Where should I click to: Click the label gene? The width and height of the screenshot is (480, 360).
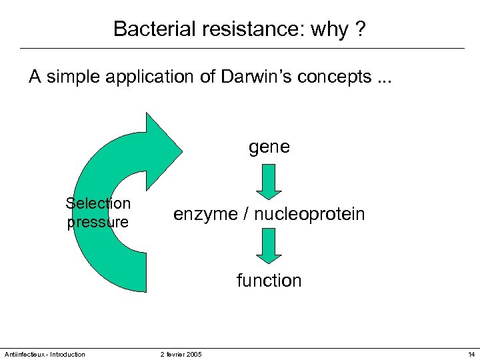pos(269,147)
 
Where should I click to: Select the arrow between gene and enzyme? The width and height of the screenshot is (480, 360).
pos(269,181)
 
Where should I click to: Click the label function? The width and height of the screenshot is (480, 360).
pos(269,281)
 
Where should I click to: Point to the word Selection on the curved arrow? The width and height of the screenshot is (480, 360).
pos(98,203)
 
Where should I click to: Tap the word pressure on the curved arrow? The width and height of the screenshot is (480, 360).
pos(98,222)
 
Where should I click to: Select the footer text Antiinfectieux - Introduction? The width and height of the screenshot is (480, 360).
pos(44,354)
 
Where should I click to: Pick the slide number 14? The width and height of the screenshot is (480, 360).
pos(471,354)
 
